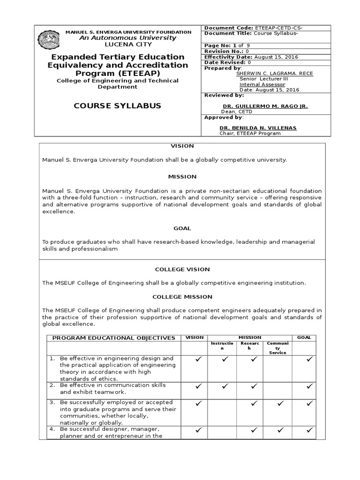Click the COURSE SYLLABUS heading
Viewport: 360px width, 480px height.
tap(117, 105)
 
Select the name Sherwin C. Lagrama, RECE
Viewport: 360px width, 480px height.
tap(268, 73)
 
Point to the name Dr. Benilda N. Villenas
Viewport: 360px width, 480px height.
tap(258, 128)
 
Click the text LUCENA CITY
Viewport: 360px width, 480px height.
tap(121, 44)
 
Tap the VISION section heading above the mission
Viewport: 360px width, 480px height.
tap(182, 146)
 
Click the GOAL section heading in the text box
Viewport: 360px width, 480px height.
tap(182, 228)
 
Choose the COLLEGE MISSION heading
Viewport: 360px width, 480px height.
tap(182, 297)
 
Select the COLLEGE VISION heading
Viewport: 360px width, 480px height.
tap(182, 270)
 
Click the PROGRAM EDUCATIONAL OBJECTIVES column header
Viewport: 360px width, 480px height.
tap(113, 338)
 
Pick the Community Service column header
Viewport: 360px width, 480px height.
tap(277, 347)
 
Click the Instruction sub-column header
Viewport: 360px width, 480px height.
tap(222, 346)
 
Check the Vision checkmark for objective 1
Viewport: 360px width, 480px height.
tap(199, 360)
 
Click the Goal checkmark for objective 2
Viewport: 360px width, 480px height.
tap(308, 386)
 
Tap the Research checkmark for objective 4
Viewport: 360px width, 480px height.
tap(254, 429)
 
